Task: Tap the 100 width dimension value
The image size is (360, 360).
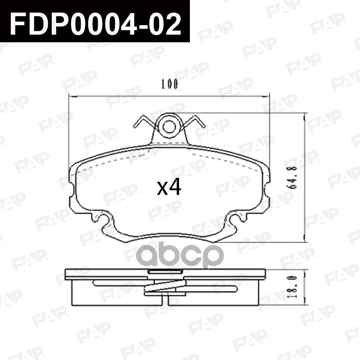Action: click(170, 84)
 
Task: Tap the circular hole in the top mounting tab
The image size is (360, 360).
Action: click(169, 127)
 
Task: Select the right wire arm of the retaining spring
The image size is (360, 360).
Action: click(193, 121)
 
